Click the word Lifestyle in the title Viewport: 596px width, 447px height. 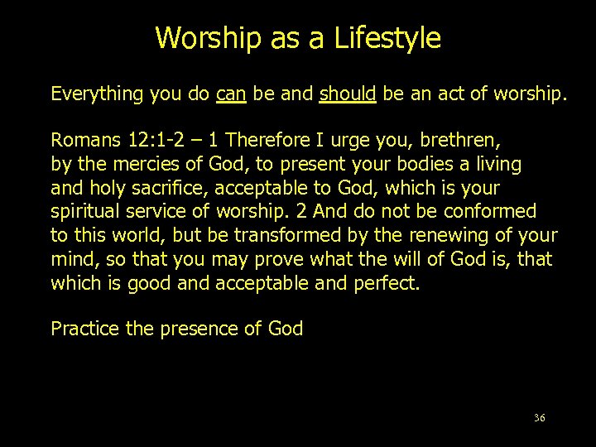[x=388, y=39]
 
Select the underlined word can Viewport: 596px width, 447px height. [x=230, y=94]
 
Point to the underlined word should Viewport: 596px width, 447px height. [x=348, y=94]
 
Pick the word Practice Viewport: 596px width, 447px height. [x=85, y=329]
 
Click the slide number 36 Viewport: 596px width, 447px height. [x=540, y=418]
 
